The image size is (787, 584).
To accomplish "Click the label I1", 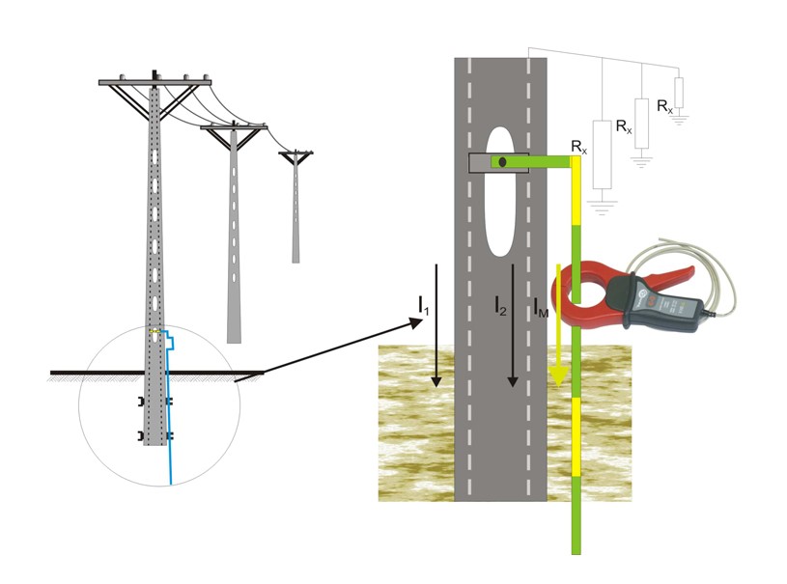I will coord(424,306).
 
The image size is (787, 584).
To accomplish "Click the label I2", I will coord(499,306).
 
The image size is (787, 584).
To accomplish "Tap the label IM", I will coord(542,308).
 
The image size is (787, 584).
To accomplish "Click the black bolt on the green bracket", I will coord(502,161).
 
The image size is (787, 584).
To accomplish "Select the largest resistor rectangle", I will coord(603,154).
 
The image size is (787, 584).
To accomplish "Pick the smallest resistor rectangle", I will coord(679,92).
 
